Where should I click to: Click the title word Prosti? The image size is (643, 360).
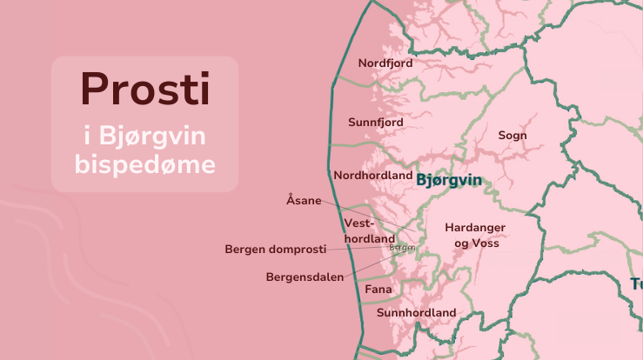click(x=144, y=89)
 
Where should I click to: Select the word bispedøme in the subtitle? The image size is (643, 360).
click(x=144, y=163)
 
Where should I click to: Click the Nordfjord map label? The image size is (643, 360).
click(x=385, y=63)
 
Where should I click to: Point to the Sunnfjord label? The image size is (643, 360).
click(x=376, y=123)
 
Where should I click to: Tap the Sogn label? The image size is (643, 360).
click(x=512, y=136)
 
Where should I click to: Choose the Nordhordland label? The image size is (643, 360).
click(x=373, y=175)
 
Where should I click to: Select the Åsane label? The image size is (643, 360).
click(x=304, y=201)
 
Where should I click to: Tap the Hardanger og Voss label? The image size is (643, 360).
click(x=475, y=236)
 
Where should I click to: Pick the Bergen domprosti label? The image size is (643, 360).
click(x=275, y=250)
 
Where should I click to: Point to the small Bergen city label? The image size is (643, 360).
click(x=402, y=248)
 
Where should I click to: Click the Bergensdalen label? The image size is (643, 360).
click(x=305, y=277)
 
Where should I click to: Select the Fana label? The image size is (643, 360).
click(x=378, y=290)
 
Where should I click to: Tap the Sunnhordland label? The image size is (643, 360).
click(x=416, y=313)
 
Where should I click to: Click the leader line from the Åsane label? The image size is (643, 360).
click(x=365, y=217)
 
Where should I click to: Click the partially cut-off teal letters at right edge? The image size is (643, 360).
click(x=636, y=284)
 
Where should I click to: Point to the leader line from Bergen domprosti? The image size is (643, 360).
click(x=357, y=249)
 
